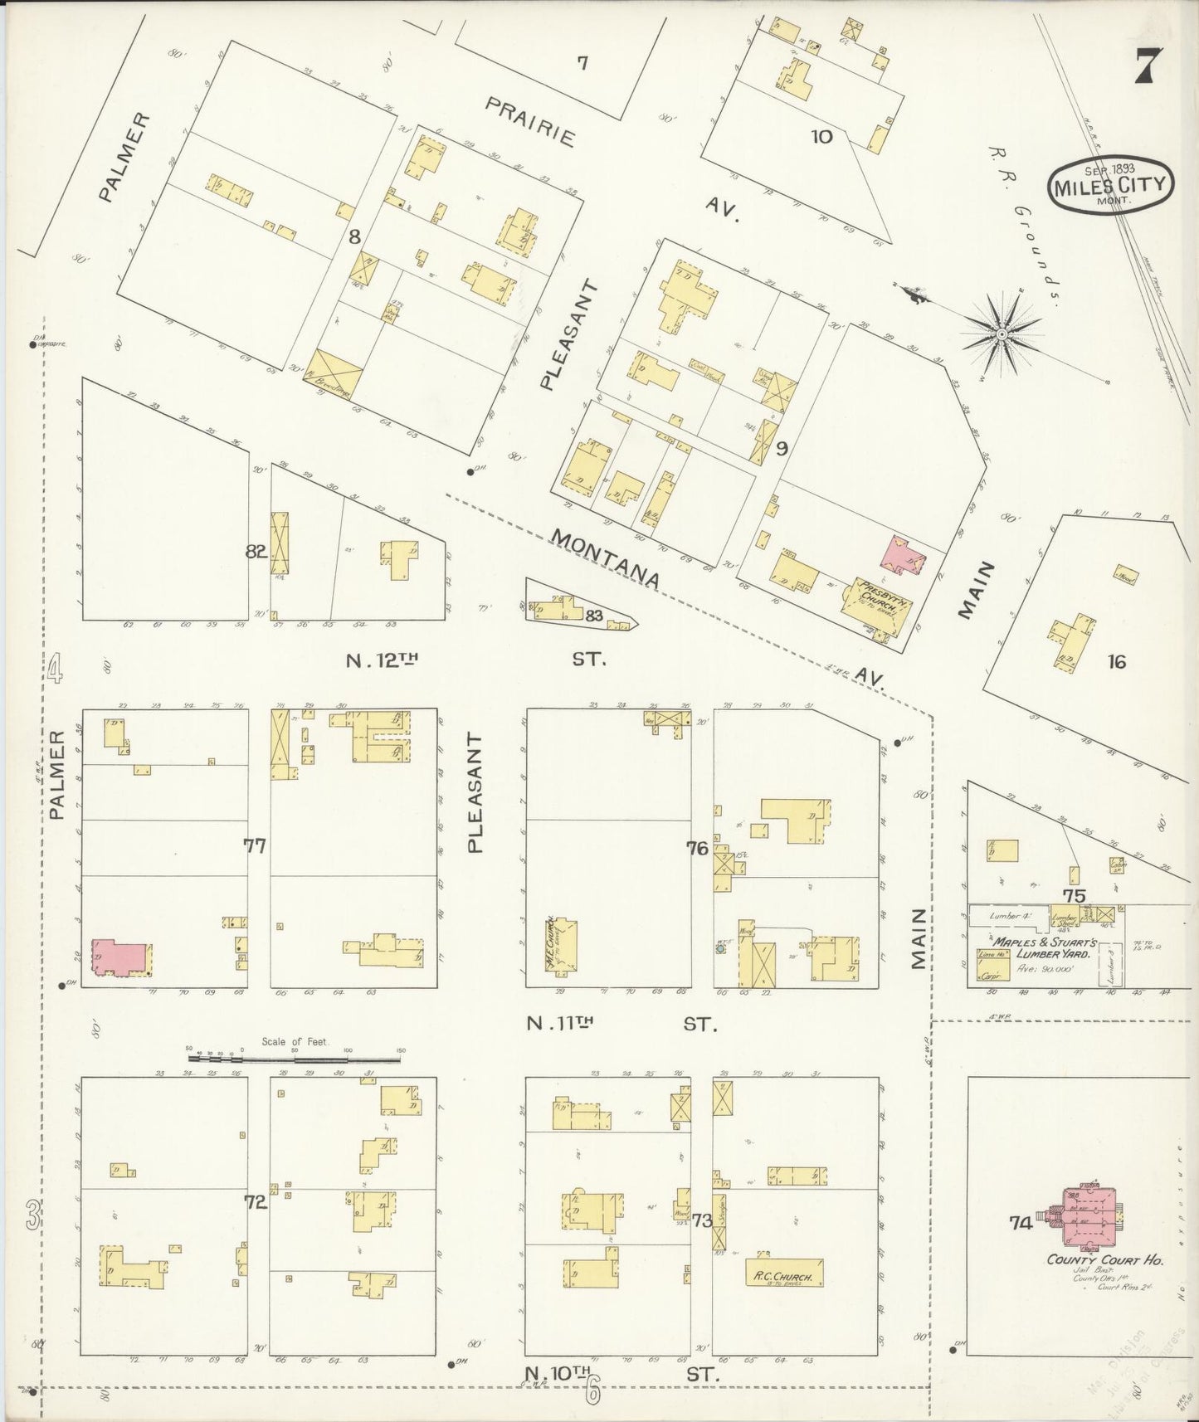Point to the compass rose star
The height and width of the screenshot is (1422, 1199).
pos(1002,334)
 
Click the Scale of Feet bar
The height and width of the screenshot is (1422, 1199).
pos(295,1058)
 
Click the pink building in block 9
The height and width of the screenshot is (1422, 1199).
pos(904,554)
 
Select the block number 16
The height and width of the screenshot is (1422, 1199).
pos(1116,661)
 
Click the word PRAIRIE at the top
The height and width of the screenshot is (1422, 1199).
pos(529,122)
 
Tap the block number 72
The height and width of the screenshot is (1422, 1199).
pos(255,1201)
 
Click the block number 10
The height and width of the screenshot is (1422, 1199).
pos(821,137)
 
